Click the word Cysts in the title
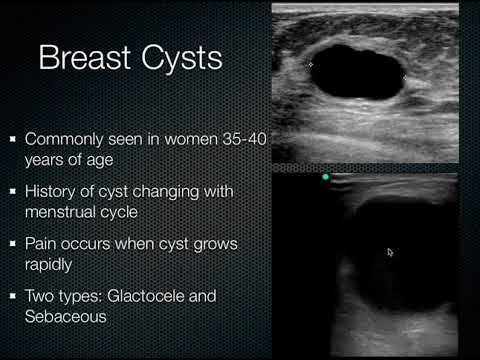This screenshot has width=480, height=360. coord(178,58)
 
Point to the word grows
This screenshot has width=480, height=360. coord(215,243)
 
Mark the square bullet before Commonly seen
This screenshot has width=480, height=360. coord(11,139)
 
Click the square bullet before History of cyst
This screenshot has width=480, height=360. coord(11,191)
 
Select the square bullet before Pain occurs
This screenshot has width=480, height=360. coord(11,243)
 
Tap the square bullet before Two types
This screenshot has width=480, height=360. coord(11,295)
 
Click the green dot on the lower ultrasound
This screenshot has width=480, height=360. coord(325,177)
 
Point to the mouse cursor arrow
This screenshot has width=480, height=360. coord(390,252)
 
